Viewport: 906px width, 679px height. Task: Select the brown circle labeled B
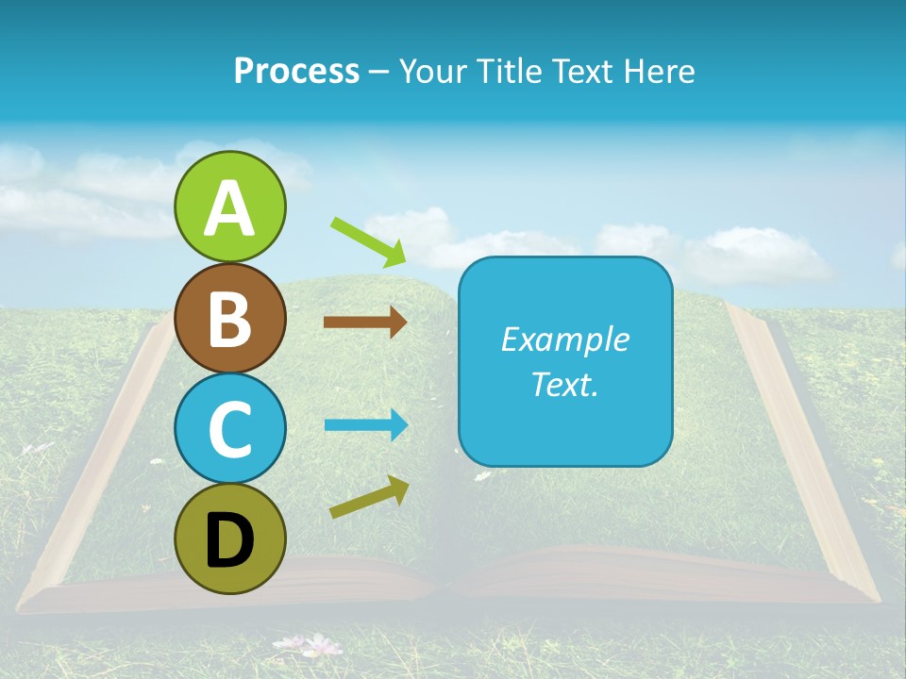point(229,318)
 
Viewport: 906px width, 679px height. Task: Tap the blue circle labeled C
point(229,429)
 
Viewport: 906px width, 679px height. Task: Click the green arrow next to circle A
point(369,240)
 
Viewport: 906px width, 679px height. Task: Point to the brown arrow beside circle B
point(365,322)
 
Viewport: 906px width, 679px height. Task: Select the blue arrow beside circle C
point(365,424)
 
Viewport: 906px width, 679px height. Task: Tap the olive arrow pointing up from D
point(369,497)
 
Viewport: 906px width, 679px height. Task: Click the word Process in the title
point(296,71)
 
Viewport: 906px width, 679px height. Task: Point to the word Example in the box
point(564,339)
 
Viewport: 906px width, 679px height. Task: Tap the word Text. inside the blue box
point(564,384)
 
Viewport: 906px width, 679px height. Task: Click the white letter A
point(229,208)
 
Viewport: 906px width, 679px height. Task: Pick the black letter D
point(229,541)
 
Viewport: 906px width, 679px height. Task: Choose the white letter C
point(229,430)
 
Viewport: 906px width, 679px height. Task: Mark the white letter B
point(229,319)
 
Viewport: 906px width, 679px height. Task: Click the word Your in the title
point(434,71)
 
